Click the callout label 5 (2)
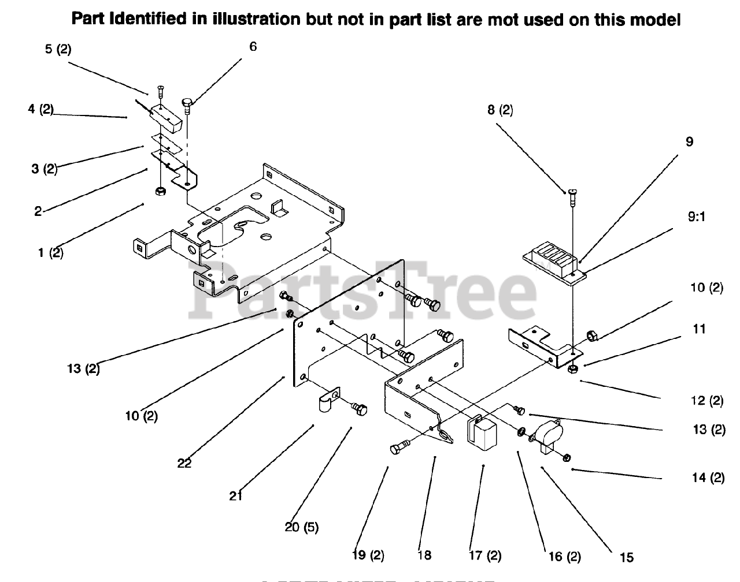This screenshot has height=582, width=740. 58,50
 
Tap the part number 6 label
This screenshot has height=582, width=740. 253,47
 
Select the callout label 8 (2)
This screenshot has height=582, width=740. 500,110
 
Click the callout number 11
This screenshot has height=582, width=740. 700,329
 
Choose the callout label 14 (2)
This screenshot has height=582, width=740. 708,478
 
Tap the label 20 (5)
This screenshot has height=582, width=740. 302,527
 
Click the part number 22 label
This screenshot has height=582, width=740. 184,463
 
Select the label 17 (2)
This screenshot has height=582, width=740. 485,556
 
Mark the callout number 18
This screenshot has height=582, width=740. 424,556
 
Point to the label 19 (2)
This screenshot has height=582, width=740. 368,556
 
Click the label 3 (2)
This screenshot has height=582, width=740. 44,169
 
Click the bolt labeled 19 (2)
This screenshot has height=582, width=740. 401,447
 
